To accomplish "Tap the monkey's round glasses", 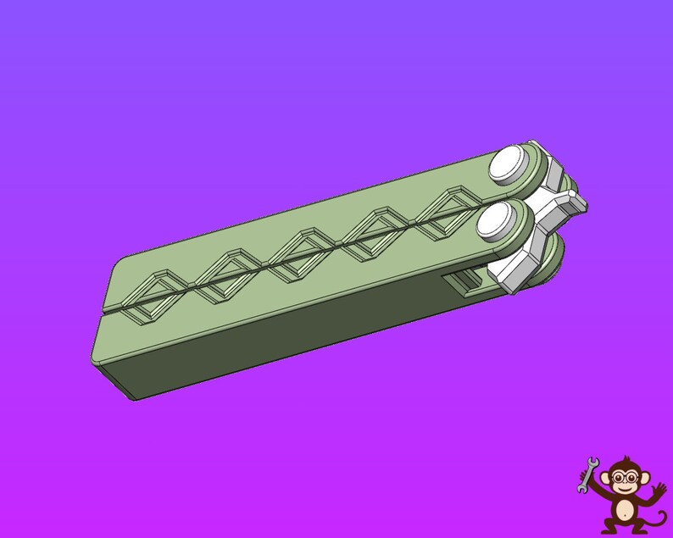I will tap(625, 477).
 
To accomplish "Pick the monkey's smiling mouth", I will tap(625, 489).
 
